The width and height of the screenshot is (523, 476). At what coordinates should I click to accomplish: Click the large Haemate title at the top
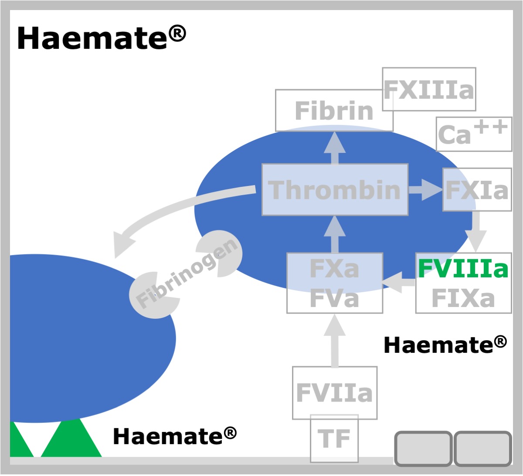pyautogui.click(x=102, y=38)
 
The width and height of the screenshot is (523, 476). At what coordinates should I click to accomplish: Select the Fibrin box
pyautogui.click(x=334, y=111)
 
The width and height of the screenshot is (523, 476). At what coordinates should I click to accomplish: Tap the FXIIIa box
pyautogui.click(x=429, y=89)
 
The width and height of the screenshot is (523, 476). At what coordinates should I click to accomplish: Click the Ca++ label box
pyautogui.click(x=474, y=134)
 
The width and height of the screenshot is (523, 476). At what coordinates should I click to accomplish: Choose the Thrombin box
pyautogui.click(x=335, y=190)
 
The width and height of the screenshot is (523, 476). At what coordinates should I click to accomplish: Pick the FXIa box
pyautogui.click(x=477, y=189)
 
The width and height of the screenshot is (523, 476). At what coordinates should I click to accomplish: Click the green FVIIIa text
pyautogui.click(x=463, y=268)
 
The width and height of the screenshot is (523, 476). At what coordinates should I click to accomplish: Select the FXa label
pyautogui.click(x=334, y=269)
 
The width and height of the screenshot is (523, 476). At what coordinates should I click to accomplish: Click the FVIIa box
pyautogui.click(x=335, y=393)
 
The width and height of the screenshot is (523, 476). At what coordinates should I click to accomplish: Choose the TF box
pyautogui.click(x=334, y=439)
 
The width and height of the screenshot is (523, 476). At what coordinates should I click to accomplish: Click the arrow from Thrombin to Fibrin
pyautogui.click(x=335, y=148)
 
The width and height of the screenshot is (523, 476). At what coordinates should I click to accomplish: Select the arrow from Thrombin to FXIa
pyautogui.click(x=426, y=190)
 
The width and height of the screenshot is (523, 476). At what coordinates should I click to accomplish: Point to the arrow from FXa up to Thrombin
pyautogui.click(x=335, y=234)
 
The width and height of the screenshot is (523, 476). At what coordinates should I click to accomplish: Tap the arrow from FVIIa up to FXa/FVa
pyautogui.click(x=335, y=340)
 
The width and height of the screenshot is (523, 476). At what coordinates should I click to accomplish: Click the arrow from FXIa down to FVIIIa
pyautogui.click(x=476, y=231)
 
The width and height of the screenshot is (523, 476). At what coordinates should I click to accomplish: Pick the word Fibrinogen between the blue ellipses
pyautogui.click(x=187, y=273)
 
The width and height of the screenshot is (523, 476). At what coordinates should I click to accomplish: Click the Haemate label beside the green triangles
pyautogui.click(x=175, y=436)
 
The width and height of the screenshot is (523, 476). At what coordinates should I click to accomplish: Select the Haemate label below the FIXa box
pyautogui.click(x=445, y=345)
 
